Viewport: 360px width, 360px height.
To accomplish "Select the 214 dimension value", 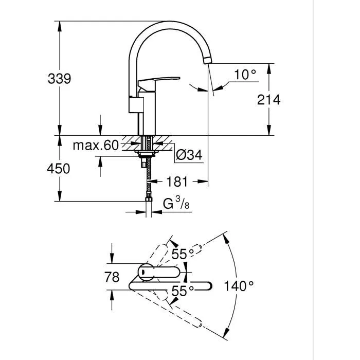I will (x=268, y=99).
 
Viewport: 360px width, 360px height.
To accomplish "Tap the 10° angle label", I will (x=245, y=75).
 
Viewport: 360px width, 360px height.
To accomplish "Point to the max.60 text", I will (x=95, y=146).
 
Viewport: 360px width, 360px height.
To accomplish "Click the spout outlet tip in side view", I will (x=207, y=61).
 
